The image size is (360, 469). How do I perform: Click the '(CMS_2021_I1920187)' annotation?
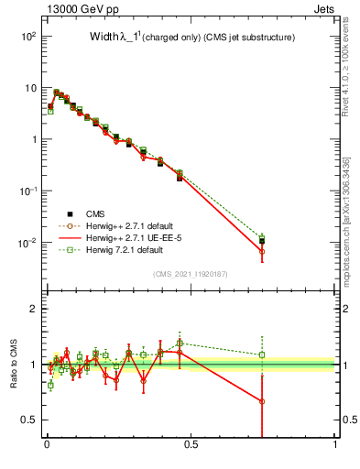coord(190,273)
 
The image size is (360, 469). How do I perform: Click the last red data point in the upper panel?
coord(262,251)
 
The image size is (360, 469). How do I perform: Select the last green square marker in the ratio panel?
coord(262,354)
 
